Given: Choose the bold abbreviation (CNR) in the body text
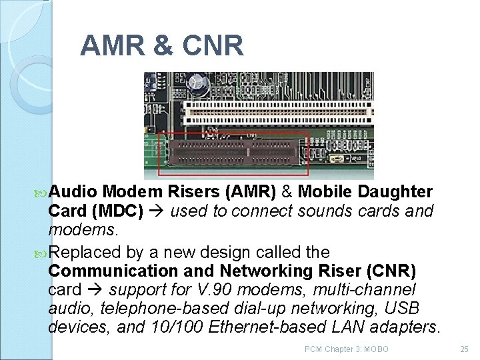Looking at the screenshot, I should tap(392, 271).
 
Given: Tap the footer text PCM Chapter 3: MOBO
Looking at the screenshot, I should tap(346, 349).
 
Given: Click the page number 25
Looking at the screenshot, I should tap(464, 349).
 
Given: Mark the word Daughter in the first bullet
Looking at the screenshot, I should tap(395, 192).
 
